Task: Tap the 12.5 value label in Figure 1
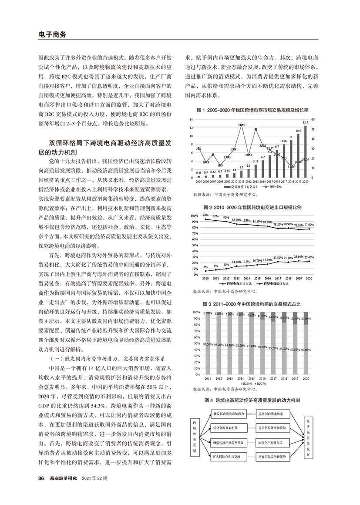[x=306, y=122]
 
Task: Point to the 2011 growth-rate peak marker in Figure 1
[x=241, y=125]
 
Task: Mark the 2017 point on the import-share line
[x=277, y=261]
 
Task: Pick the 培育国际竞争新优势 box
[x=273, y=456]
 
